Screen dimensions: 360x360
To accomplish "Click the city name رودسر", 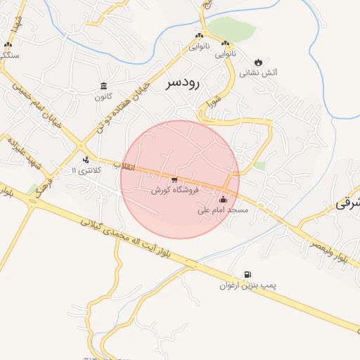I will (x=183, y=84).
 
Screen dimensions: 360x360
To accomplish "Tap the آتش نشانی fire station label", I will (x=259, y=72).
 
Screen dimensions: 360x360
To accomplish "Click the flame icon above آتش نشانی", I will (x=258, y=61).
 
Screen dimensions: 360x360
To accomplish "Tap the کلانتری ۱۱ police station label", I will (x=87, y=170).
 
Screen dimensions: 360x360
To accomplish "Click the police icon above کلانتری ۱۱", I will (x=86, y=160).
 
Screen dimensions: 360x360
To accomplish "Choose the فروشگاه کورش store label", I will (x=175, y=190).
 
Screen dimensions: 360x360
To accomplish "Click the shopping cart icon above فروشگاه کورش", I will (x=174, y=180).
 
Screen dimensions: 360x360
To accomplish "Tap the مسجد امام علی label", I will (x=224, y=210).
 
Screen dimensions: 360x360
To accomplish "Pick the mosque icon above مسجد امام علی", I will (x=224, y=199).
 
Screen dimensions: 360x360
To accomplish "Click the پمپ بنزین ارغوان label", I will (x=247, y=285).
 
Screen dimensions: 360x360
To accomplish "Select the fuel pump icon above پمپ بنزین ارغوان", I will (x=247, y=275).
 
